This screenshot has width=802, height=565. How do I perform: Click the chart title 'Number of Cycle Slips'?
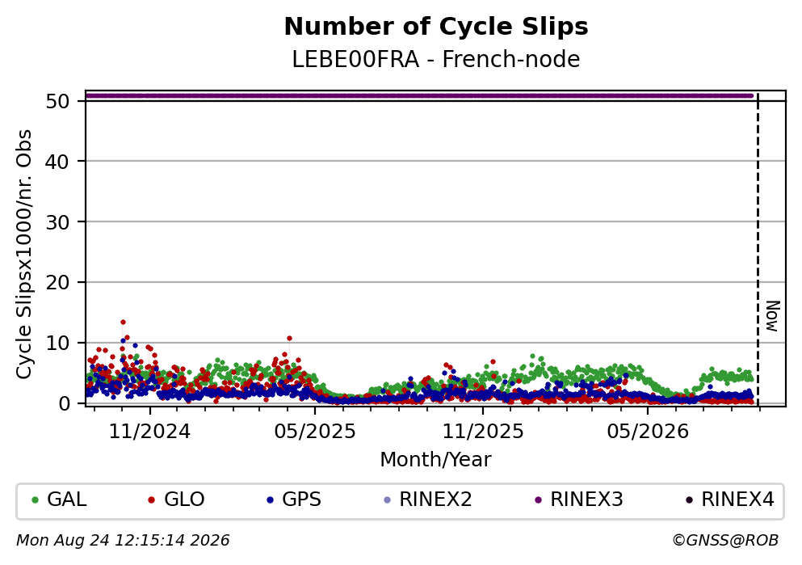436,27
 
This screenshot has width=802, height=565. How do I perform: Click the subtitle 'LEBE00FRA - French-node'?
436,59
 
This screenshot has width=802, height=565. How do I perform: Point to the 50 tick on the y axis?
57,101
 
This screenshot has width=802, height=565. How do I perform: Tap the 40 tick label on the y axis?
57,162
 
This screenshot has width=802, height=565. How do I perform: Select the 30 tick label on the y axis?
57,222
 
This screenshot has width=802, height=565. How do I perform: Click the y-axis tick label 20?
57,283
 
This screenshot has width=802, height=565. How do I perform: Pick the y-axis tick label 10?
57,343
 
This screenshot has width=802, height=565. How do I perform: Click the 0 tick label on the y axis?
64,403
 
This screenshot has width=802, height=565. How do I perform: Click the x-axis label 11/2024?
149,432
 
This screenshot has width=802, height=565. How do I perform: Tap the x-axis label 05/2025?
314,432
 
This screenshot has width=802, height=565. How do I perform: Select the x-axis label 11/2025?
483,432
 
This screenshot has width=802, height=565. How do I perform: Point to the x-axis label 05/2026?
648,432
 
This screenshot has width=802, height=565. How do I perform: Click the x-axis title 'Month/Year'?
436,460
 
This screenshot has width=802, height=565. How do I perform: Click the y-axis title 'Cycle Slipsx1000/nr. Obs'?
23,255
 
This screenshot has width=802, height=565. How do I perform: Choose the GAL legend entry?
59,500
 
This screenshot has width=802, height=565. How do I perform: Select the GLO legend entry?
176,500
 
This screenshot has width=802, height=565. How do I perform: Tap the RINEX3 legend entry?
578,500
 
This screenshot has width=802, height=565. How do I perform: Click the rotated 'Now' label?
772,316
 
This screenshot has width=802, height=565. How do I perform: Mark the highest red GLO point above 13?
123,322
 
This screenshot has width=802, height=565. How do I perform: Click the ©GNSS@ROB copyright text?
725,541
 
